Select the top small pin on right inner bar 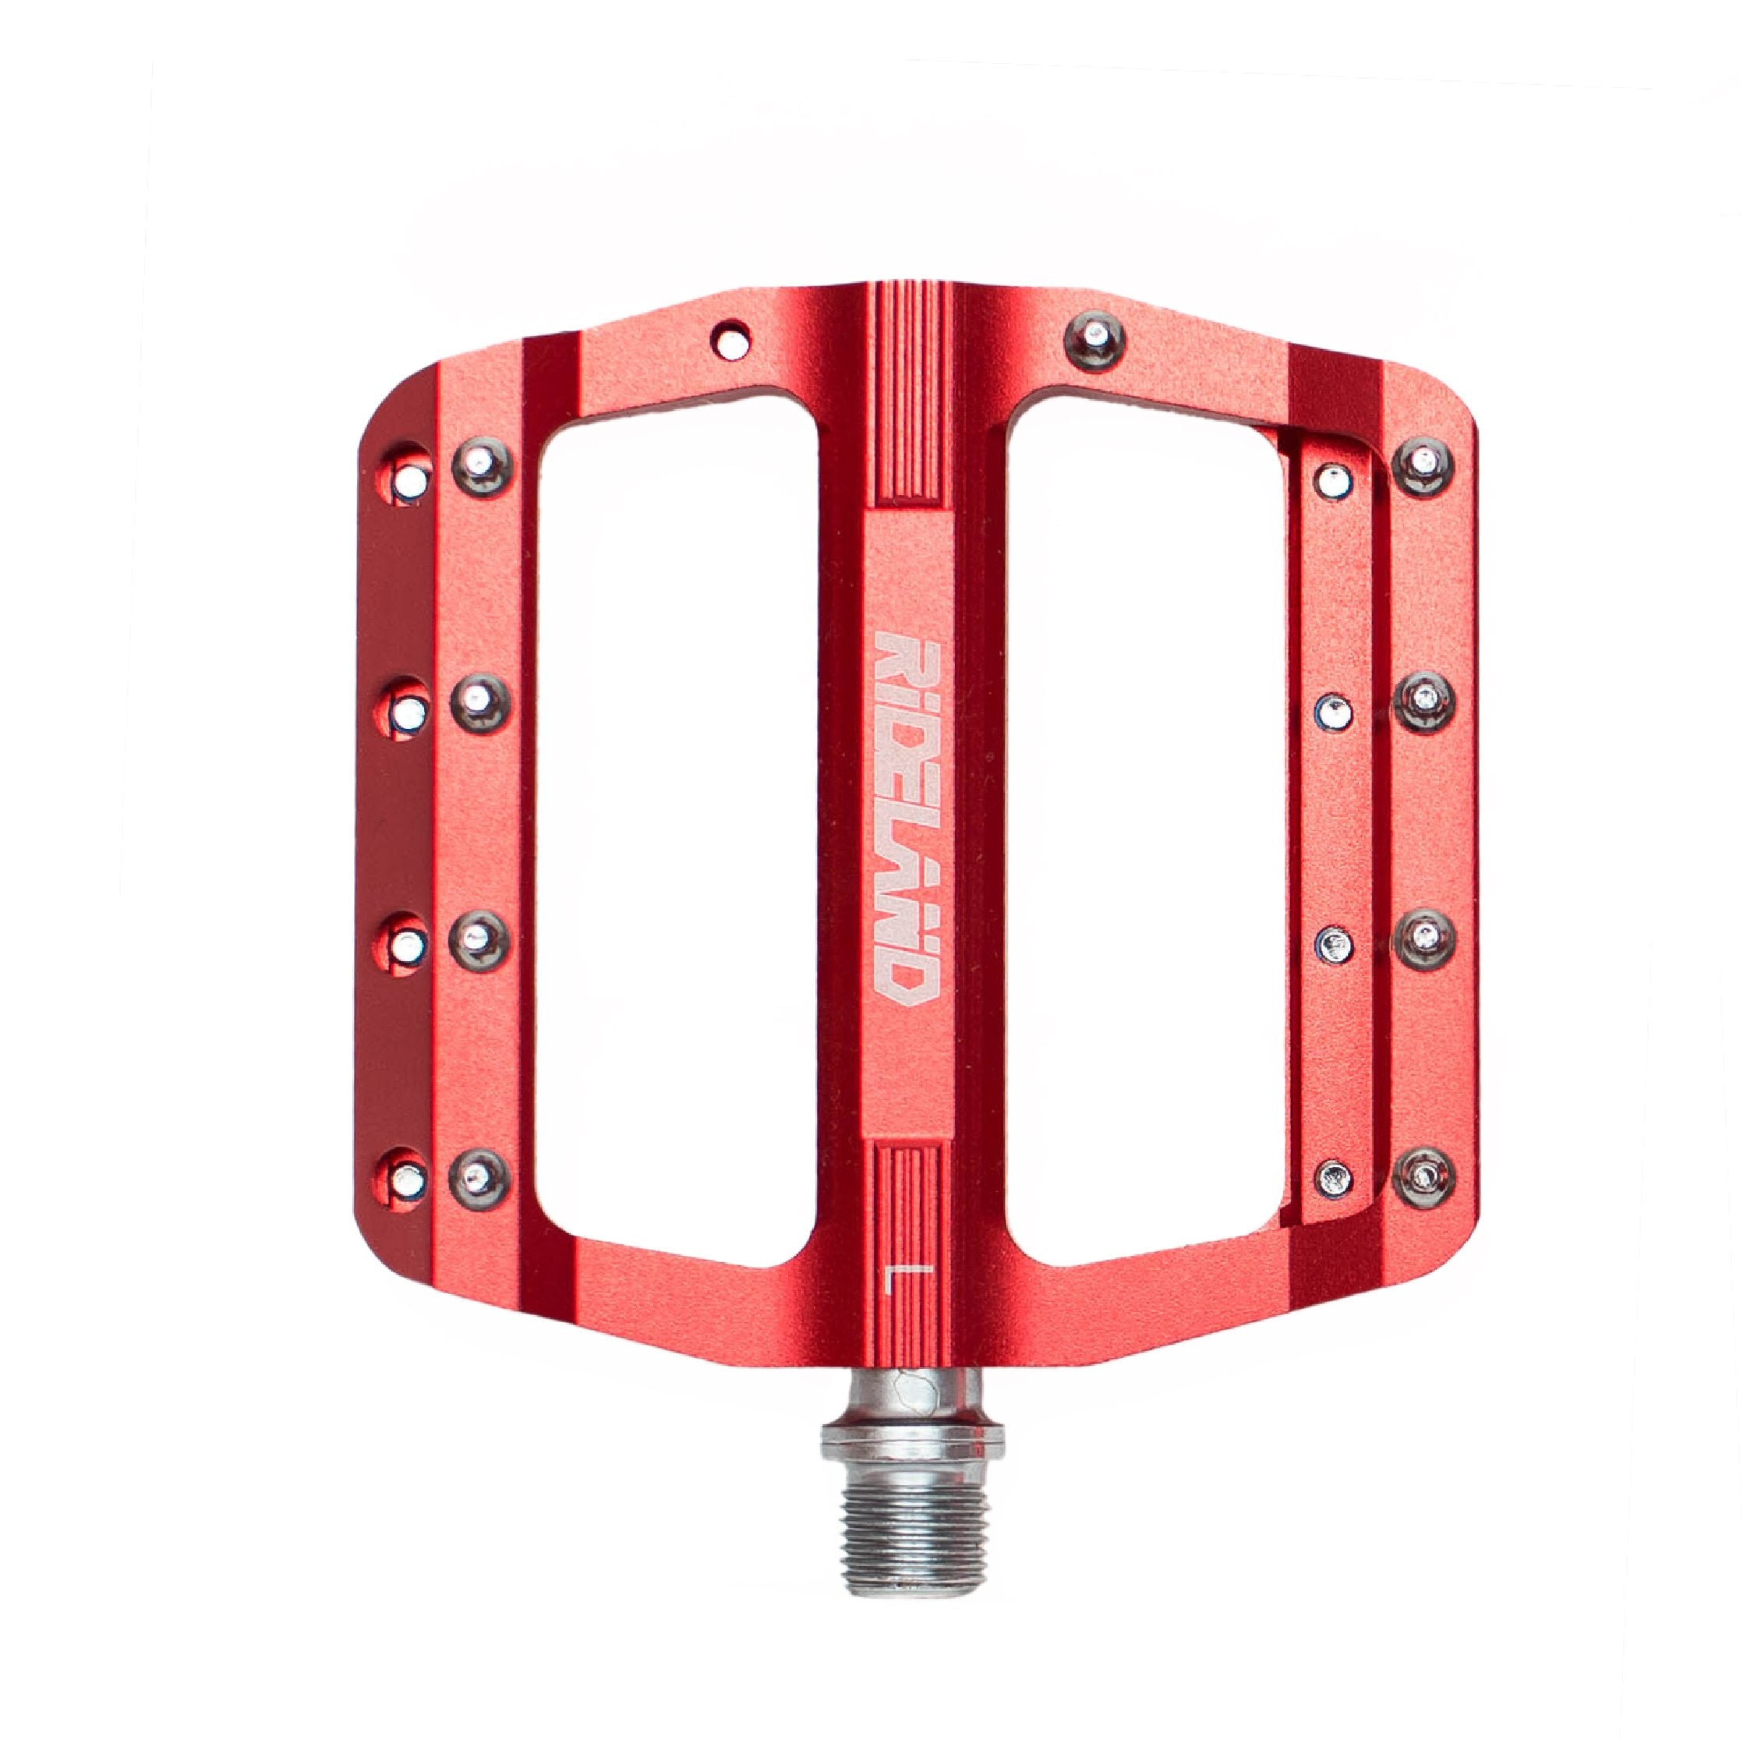pyautogui.click(x=1331, y=482)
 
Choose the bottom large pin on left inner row pyautogui.click(x=481, y=1174)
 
